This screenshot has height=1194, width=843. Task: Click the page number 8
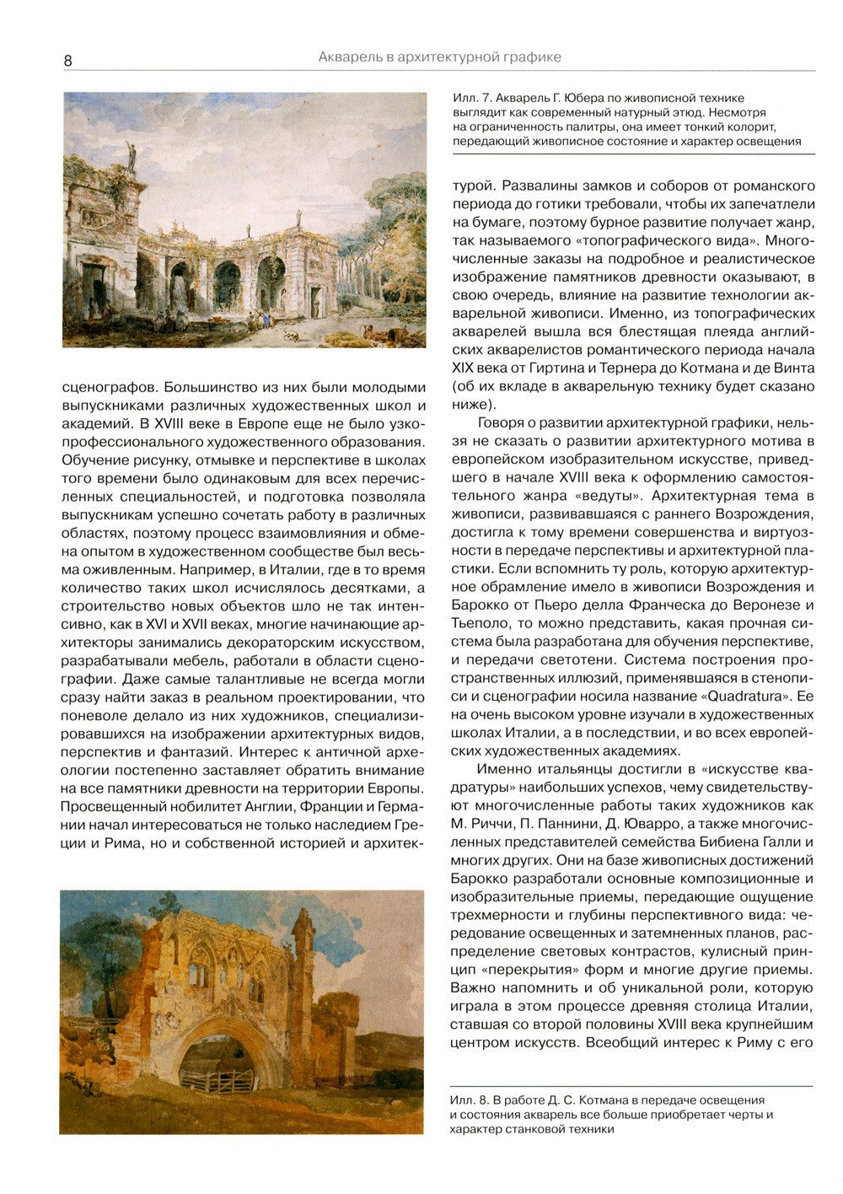67,60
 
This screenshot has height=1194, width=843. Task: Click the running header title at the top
439,57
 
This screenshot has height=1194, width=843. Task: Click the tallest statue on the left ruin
131,153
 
